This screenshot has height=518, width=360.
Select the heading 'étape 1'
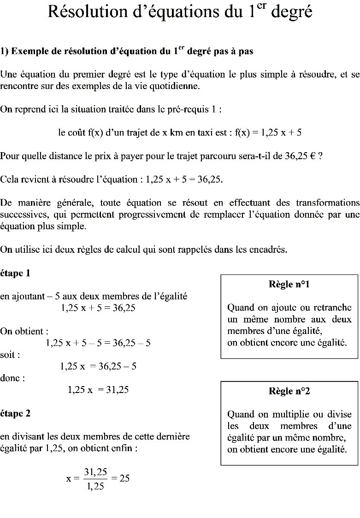tap(15, 273)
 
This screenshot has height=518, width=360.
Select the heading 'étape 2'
tap(15, 413)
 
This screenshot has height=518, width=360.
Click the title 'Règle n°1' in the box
tap(289, 285)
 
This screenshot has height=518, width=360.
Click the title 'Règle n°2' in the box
tap(289, 391)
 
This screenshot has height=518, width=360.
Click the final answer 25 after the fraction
tap(124, 478)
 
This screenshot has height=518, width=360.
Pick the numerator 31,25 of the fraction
tap(95, 471)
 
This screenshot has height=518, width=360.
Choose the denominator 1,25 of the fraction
tap(95, 486)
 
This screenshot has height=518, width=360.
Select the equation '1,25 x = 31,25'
tap(98, 390)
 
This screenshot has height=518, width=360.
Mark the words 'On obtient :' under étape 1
tap(24, 331)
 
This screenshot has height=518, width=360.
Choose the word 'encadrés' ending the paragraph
tap(269, 250)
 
